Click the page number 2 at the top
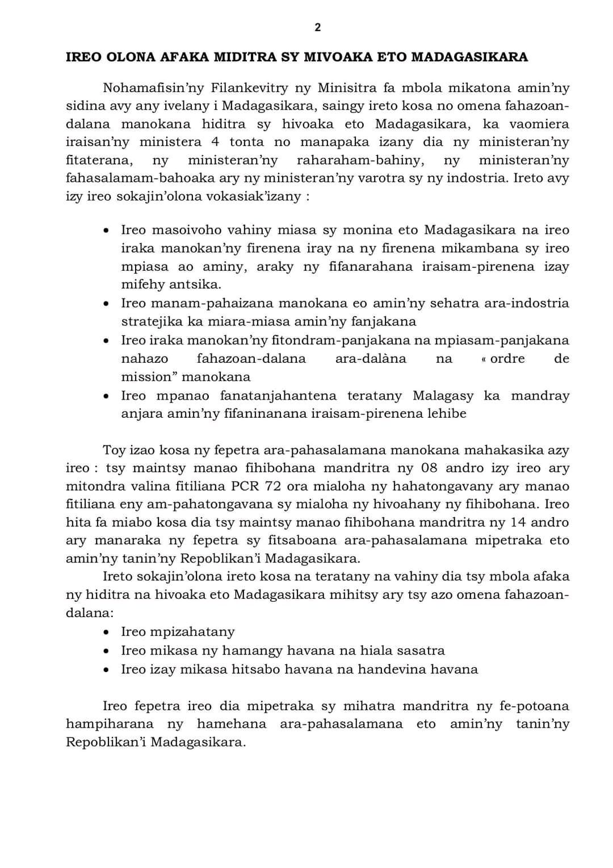317,27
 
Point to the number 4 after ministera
215,142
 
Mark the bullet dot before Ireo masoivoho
106,230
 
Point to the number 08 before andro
429,468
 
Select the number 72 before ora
276,487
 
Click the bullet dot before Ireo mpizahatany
106,632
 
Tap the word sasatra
421,651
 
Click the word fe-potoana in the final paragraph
534,706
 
